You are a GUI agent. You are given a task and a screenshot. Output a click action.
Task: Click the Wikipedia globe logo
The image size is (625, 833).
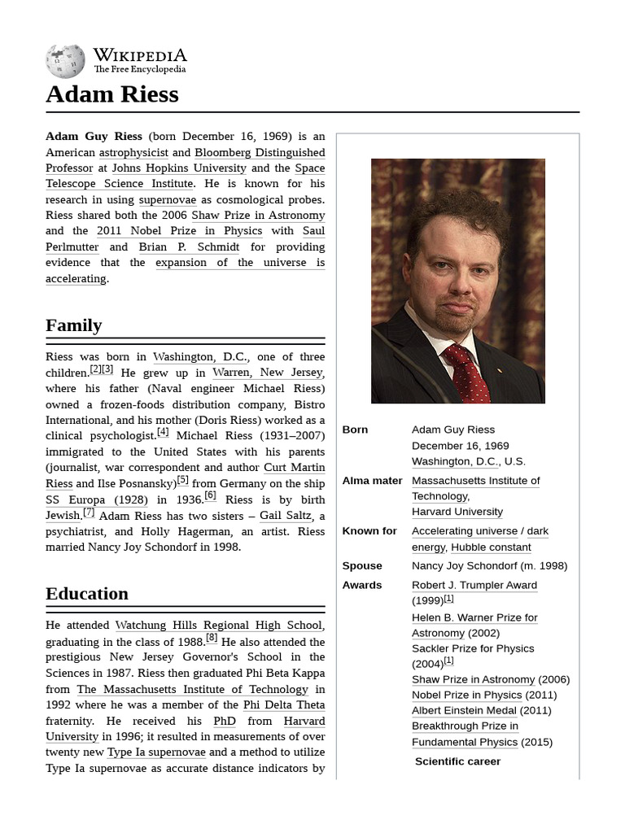(65, 61)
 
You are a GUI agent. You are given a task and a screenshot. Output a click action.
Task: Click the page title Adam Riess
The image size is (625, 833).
(111, 94)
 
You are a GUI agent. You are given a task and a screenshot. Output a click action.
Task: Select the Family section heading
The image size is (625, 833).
(74, 325)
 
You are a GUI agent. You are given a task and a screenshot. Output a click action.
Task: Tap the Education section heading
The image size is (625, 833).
(87, 594)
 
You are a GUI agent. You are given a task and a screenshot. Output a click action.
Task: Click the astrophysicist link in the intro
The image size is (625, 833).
(133, 152)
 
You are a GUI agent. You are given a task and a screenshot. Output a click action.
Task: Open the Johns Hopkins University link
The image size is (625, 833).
(179, 168)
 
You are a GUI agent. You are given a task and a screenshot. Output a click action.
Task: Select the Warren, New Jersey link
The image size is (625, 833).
(268, 373)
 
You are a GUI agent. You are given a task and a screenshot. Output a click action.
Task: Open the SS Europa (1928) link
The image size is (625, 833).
(97, 499)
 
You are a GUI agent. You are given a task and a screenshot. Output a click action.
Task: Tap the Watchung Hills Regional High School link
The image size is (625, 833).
(218, 625)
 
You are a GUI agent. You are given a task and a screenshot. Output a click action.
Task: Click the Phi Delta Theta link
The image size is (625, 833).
(283, 704)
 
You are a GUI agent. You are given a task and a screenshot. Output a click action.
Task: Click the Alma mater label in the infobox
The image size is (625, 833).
(372, 481)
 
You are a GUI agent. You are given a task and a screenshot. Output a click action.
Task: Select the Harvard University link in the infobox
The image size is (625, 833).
(457, 512)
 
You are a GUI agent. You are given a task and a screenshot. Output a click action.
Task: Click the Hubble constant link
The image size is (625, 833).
(491, 547)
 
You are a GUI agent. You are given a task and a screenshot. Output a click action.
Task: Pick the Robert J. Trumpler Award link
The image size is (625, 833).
(474, 585)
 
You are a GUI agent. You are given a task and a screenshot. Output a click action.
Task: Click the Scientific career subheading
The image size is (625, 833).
(457, 761)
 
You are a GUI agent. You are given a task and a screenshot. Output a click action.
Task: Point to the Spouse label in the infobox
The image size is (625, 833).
(362, 566)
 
